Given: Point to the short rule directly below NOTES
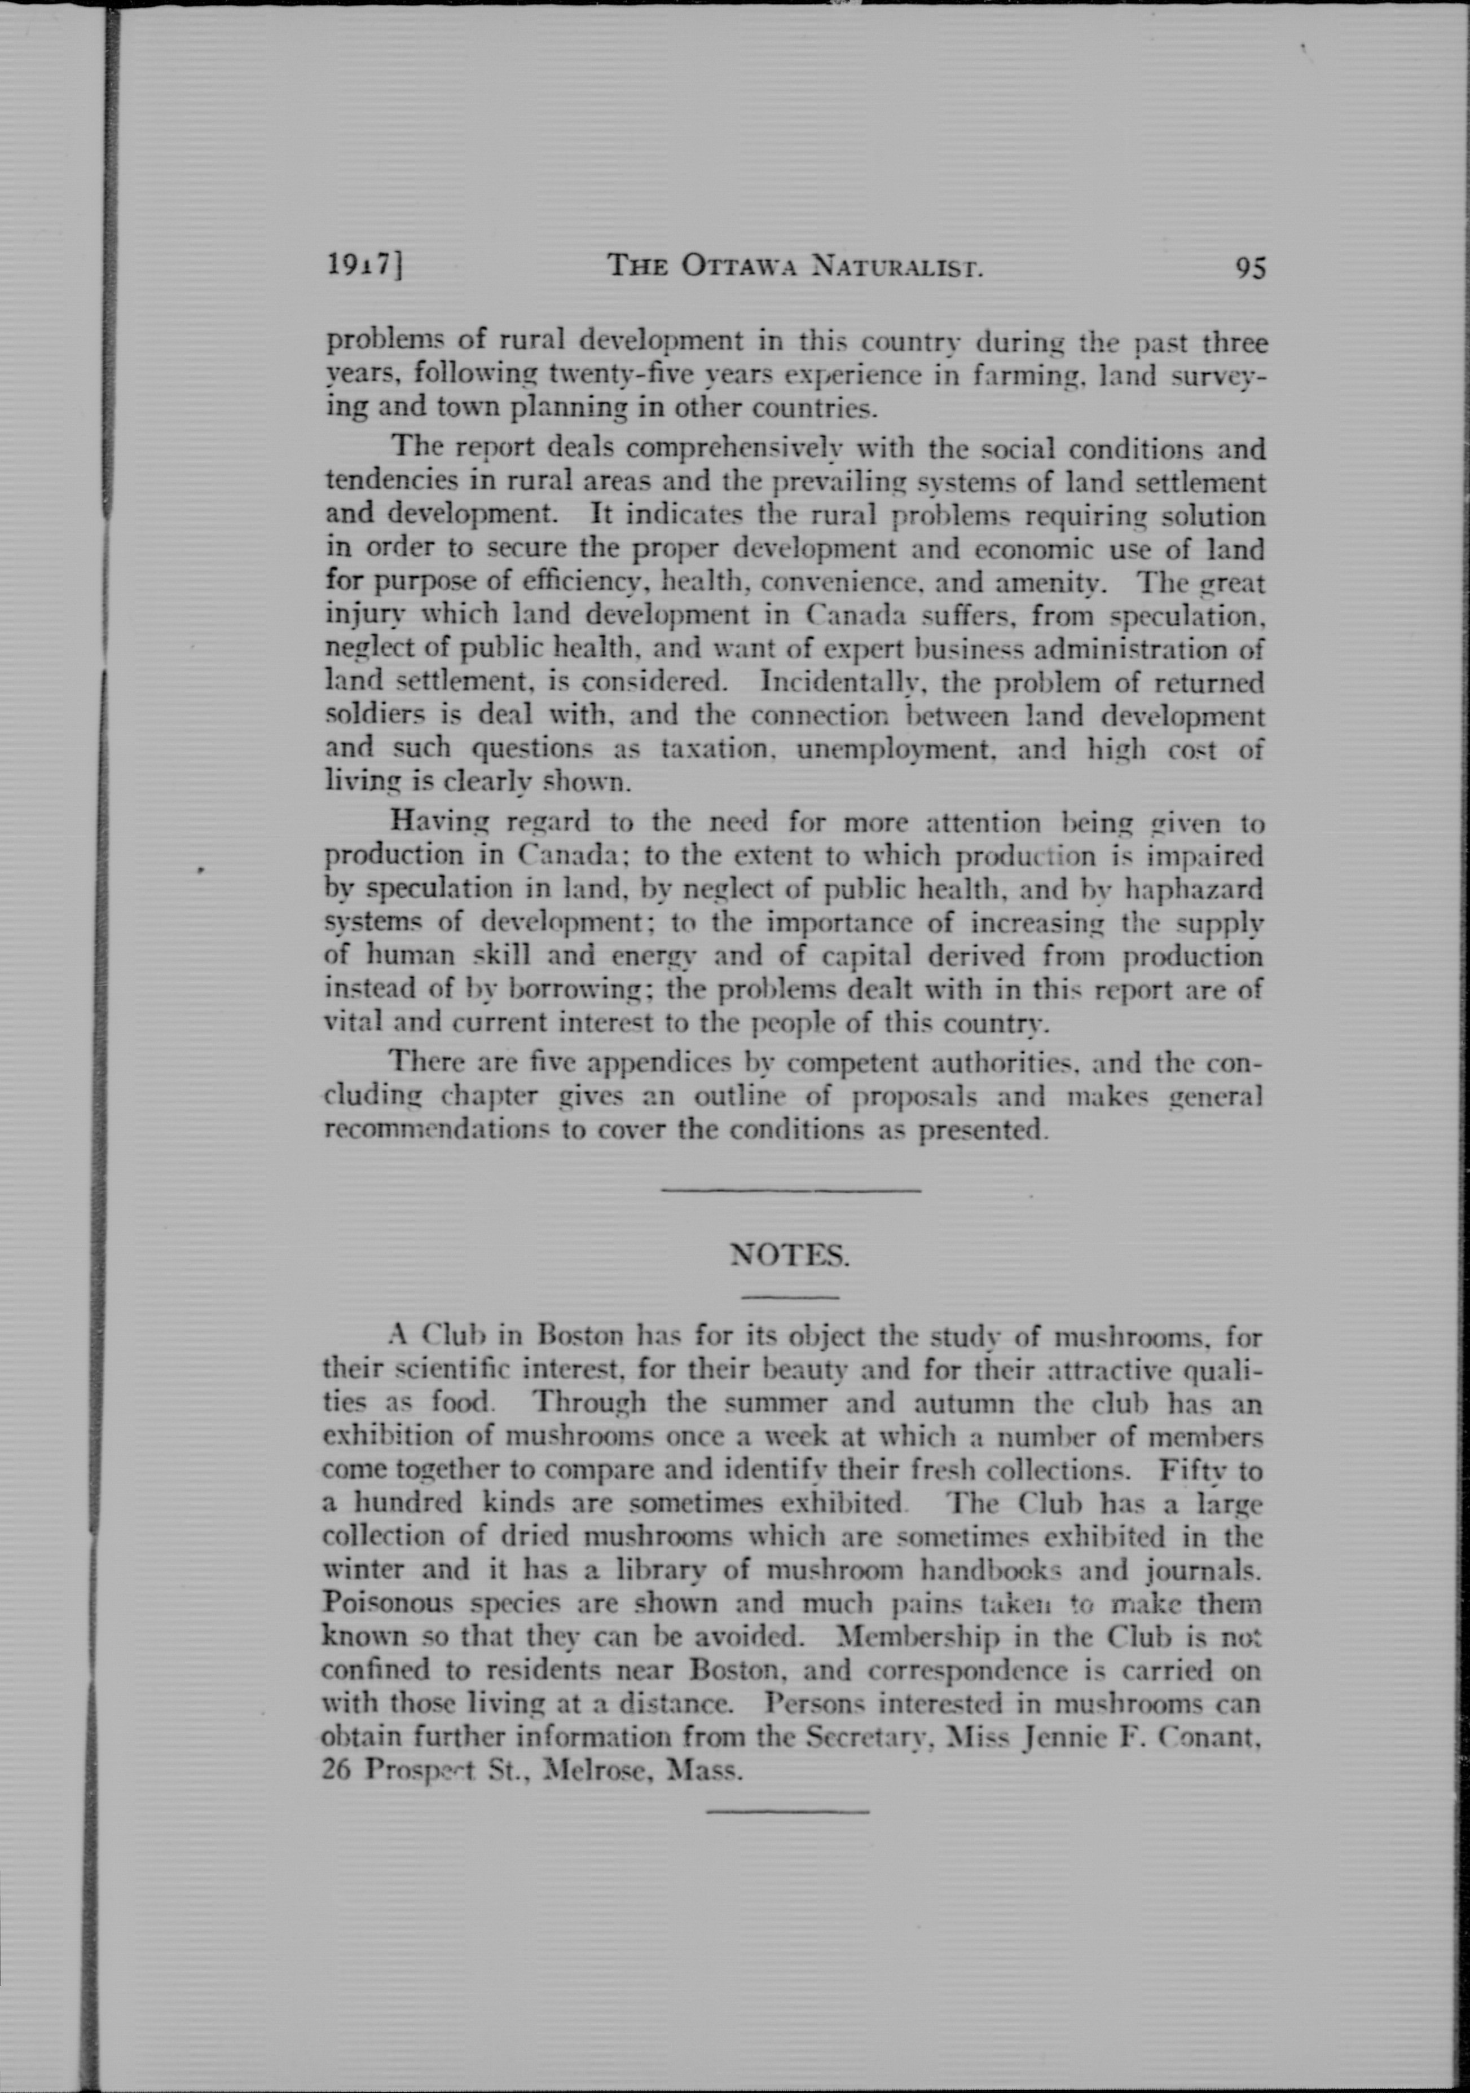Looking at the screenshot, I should coord(791,1297).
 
